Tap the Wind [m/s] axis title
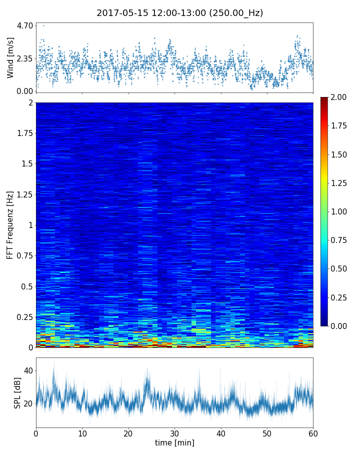pyautogui.click(x=10, y=57)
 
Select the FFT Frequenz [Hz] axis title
pyautogui.click(x=10, y=225)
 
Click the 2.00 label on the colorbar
pyautogui.click(x=342, y=97)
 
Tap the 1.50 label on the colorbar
pyautogui.click(x=342, y=154)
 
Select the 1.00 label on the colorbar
pyautogui.click(x=342, y=211)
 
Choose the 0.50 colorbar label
pyautogui.click(x=342, y=269)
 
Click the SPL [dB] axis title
pyautogui.click(x=17, y=392)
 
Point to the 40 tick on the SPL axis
pyautogui.click(x=27, y=370)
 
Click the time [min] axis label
pyautogui.click(x=174, y=442)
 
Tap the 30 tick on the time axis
pyautogui.click(x=174, y=432)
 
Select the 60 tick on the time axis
pyautogui.click(x=313, y=432)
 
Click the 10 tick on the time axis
pyautogui.click(x=82, y=432)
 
